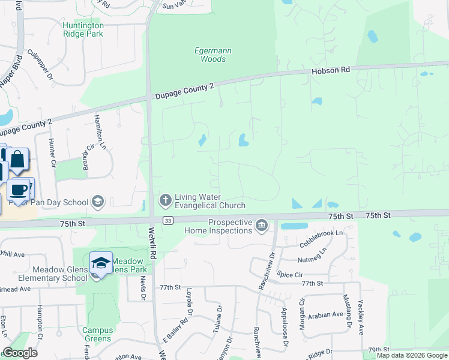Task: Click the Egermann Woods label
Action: pos(214,55)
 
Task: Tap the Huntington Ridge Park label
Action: pos(83,29)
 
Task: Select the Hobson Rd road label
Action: pos(330,70)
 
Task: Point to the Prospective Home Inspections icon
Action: pos(261,226)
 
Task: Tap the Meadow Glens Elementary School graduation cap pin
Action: pos(101,263)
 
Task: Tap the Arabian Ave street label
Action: pos(327,314)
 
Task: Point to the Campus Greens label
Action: pos(97,334)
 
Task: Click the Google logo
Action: pos(20,353)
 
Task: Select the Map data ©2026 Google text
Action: pos(411,355)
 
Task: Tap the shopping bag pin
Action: pos(17,161)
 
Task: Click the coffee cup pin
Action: pos(19,190)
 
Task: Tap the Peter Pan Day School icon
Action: pos(98,202)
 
